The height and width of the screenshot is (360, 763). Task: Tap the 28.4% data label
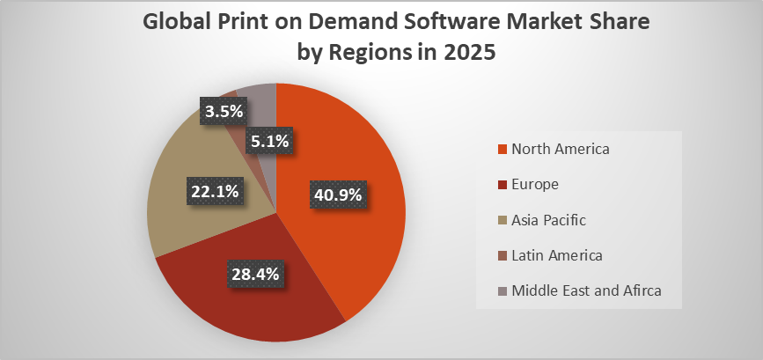click(x=254, y=274)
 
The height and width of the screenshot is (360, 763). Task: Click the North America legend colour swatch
click(x=503, y=149)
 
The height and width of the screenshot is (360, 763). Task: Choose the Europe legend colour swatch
click(x=503, y=184)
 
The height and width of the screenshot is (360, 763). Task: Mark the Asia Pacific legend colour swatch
click(x=503, y=220)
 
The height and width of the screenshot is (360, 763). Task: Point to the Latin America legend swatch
click(x=503, y=255)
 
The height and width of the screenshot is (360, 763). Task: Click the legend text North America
click(x=560, y=149)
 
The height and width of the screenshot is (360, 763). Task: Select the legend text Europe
click(x=535, y=184)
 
